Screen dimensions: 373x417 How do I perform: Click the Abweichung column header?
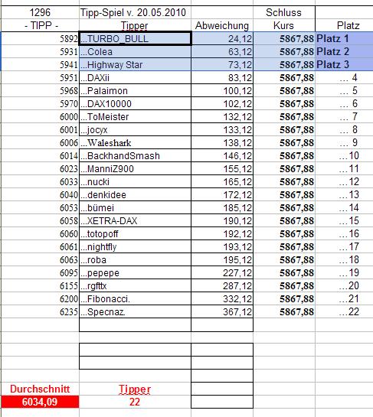[x=222, y=26]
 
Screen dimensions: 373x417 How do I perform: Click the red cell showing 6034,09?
[x=39, y=401]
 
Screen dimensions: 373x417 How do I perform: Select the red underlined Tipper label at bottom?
[x=134, y=388]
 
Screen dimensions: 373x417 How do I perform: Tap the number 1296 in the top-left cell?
[x=38, y=13]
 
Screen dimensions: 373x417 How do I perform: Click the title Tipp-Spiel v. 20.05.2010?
[x=133, y=13]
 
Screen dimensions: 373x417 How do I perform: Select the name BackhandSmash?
[x=123, y=155]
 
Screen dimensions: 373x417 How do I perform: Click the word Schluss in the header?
[x=284, y=13]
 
